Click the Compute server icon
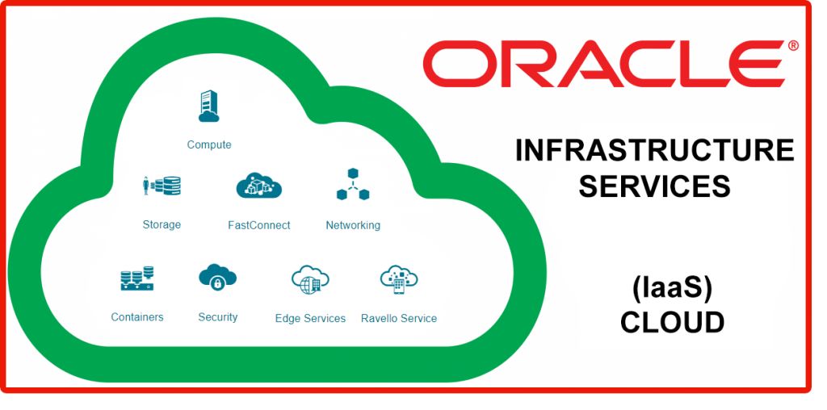[208, 107]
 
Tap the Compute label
[209, 144]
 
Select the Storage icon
[162, 186]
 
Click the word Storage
[162, 224]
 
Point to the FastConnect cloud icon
[258, 186]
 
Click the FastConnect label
[259, 225]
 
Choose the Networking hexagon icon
[352, 185]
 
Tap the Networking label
[353, 225]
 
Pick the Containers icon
[137, 278]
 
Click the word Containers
[137, 317]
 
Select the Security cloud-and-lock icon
[217, 278]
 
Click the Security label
[218, 317]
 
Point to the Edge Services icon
[310, 279]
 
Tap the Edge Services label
[310, 318]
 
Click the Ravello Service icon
[399, 279]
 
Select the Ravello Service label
[399, 318]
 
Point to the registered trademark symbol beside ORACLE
[793, 46]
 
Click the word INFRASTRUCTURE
[654, 150]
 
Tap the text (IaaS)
[671, 287]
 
